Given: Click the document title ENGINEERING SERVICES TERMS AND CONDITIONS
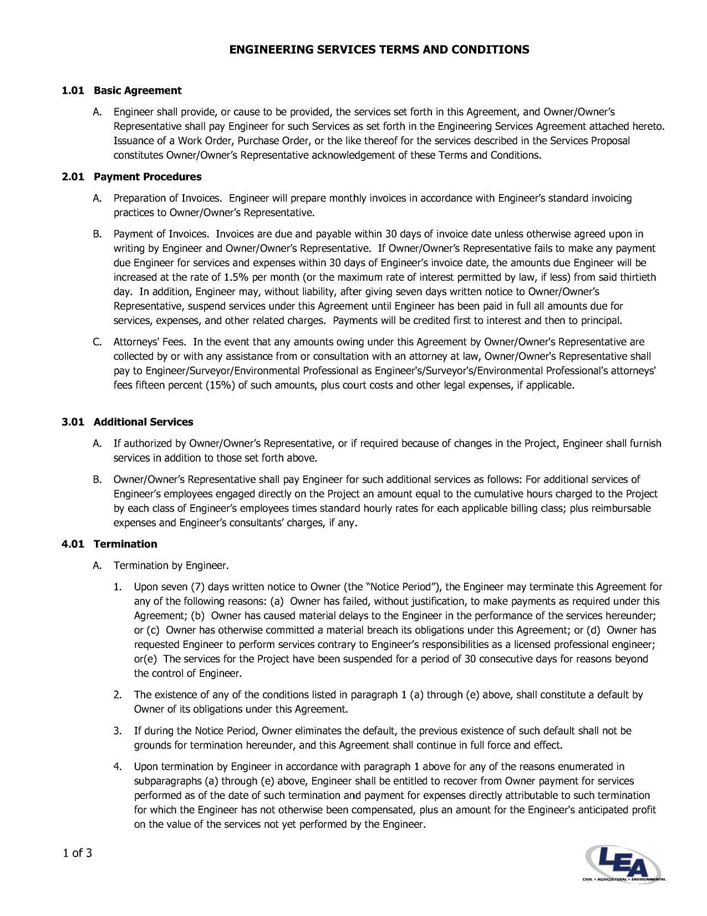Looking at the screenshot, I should click(x=379, y=50).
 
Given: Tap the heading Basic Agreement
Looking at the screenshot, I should click(x=138, y=90).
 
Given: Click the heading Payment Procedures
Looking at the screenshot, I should click(x=147, y=177).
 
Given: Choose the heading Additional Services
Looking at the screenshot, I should click(x=143, y=422).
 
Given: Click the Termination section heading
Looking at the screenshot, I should click(x=125, y=544).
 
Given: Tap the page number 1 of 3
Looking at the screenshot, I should click(x=77, y=853).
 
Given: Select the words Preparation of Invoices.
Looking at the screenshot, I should click(x=167, y=199).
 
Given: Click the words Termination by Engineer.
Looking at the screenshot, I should click(x=170, y=566).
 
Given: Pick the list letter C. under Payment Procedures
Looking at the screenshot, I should click(x=97, y=342).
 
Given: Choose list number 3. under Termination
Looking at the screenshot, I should click(x=118, y=731).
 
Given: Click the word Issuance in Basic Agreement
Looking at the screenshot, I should click(x=133, y=141).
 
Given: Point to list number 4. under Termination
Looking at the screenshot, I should click(x=118, y=767).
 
